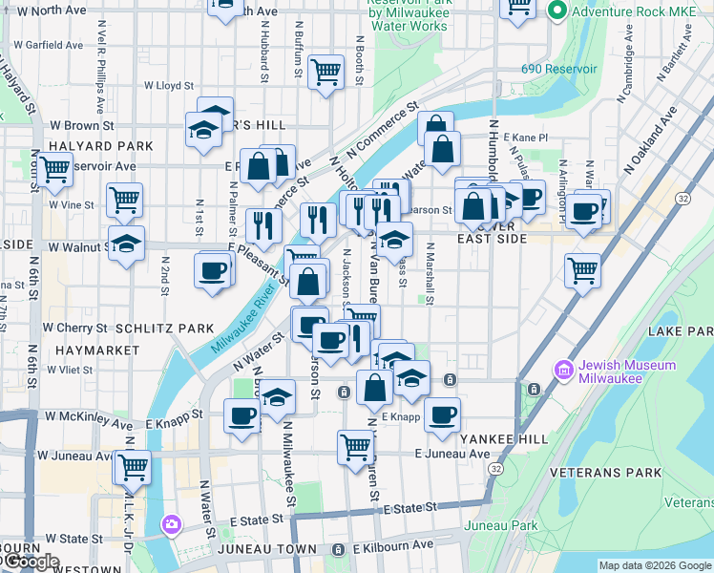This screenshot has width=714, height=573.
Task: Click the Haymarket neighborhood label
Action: [97, 350]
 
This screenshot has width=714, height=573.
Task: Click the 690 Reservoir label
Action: [558, 69]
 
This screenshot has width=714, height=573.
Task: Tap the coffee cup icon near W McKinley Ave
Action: [242, 415]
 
